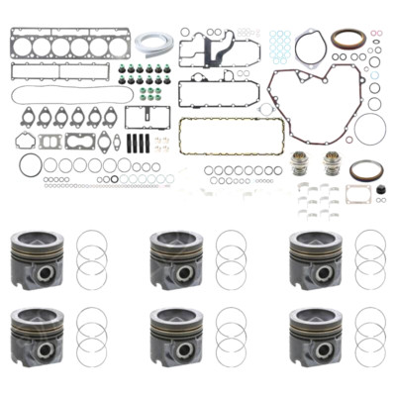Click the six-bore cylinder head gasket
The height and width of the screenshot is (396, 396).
pyautogui.click(x=53, y=46)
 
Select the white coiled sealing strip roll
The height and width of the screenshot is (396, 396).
pyautogui.click(x=154, y=43)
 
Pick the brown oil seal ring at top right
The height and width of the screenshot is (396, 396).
pyautogui.click(x=348, y=41)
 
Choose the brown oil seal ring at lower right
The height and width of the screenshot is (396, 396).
pyautogui.click(x=365, y=169)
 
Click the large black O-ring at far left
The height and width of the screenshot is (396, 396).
pyautogui.click(x=30, y=164)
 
